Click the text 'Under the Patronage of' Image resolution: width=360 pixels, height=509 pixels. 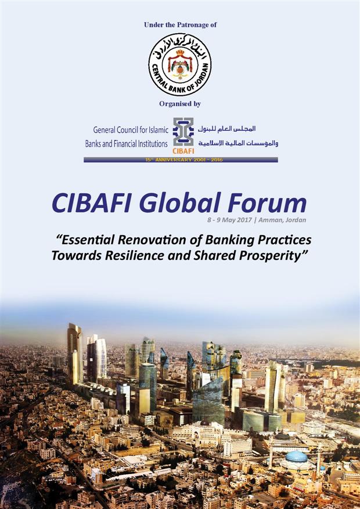tap(180, 25)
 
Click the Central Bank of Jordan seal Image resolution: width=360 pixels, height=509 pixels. tap(180, 64)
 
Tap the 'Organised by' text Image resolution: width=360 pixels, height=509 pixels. tap(180, 104)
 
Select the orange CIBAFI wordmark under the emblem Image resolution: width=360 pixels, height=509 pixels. tap(183, 151)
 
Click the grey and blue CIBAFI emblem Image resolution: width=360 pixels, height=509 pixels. tap(183, 132)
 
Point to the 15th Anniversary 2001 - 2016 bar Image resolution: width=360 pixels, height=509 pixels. tap(181, 160)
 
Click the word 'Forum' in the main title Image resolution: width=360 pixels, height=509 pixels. tap(267, 203)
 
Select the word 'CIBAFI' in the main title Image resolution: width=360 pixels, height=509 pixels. tap(92, 203)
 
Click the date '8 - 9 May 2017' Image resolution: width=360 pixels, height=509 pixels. tap(229, 220)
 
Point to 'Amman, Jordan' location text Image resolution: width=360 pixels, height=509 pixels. tap(282, 220)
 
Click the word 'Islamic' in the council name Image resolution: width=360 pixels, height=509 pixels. tap(158, 130)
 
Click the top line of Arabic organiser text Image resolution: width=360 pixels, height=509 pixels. tap(226, 129)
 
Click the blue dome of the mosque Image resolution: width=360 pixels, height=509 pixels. tap(296, 457)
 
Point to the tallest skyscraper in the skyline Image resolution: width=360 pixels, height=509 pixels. tap(75, 354)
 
